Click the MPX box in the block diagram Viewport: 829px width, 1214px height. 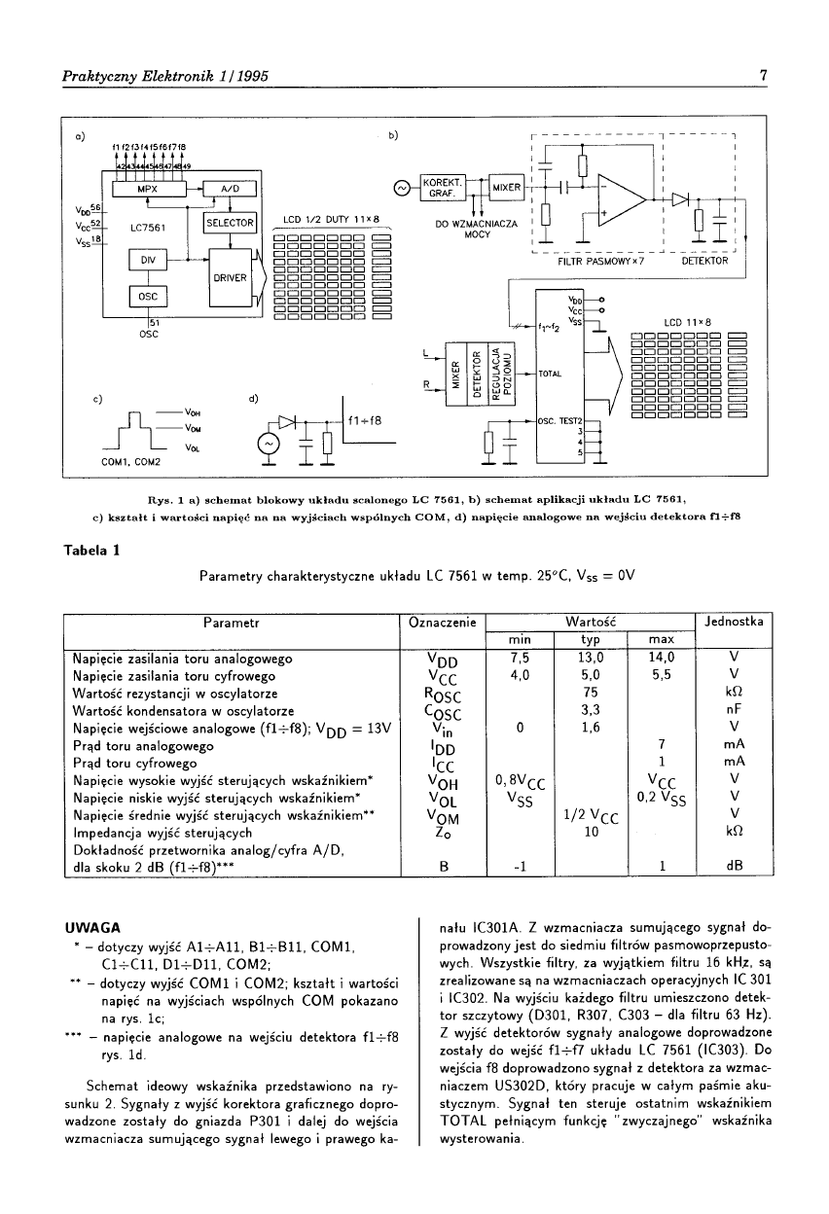[x=147, y=188]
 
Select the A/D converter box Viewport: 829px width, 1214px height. [x=230, y=188]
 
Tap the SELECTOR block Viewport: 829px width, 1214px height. [x=230, y=224]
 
